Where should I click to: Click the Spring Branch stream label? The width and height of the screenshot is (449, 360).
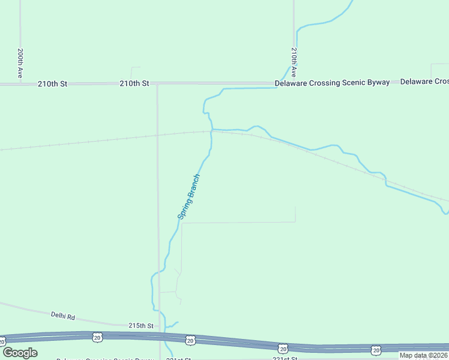click(189, 196)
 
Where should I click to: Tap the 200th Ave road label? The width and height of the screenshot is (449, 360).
click(20, 64)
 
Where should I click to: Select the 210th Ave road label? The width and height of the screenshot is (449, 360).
click(294, 62)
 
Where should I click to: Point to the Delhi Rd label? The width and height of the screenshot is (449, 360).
click(62, 314)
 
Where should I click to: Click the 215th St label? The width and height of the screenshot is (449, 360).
click(142, 325)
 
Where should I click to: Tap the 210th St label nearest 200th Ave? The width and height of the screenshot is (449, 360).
click(52, 84)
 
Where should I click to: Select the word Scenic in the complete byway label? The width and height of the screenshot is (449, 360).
click(357, 83)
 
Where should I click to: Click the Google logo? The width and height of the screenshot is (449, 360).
click(20, 353)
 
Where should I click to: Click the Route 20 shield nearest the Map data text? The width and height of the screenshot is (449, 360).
click(376, 350)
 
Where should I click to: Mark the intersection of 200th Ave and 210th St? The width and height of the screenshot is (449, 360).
click(20, 84)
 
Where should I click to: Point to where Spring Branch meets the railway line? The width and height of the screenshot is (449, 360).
click(211, 131)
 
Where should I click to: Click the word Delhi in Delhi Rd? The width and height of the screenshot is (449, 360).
click(58, 314)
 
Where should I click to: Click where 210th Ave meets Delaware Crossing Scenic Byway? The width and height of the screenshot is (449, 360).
click(294, 83)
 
